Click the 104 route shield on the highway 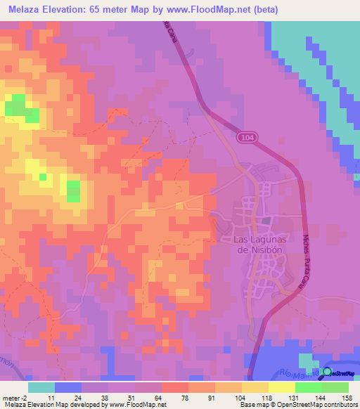[244, 138]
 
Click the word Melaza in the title [26, 10]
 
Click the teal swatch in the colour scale [41, 387]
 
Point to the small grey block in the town [266, 221]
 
